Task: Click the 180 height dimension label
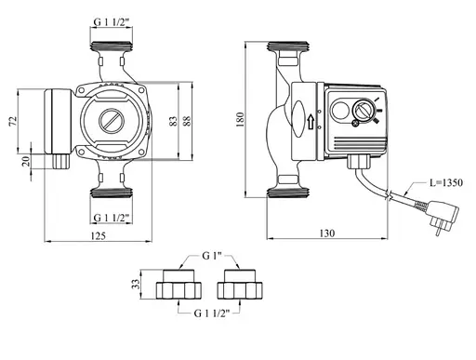click(240, 119)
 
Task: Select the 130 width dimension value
click(327, 233)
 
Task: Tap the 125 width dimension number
click(99, 236)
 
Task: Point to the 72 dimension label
click(13, 121)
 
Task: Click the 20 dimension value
click(26, 161)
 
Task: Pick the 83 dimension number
click(174, 121)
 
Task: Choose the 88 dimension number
click(187, 121)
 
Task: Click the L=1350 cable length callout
click(446, 182)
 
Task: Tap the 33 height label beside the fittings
click(136, 284)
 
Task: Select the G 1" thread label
click(212, 256)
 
